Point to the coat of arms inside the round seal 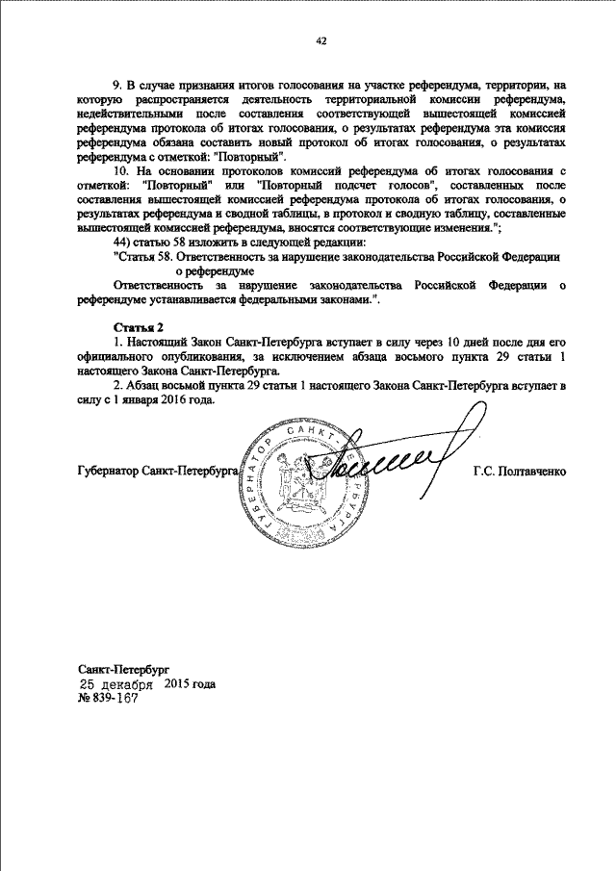pyautogui.click(x=296, y=474)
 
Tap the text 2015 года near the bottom pyautogui.click(x=190, y=684)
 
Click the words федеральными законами pyautogui.click(x=307, y=301)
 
